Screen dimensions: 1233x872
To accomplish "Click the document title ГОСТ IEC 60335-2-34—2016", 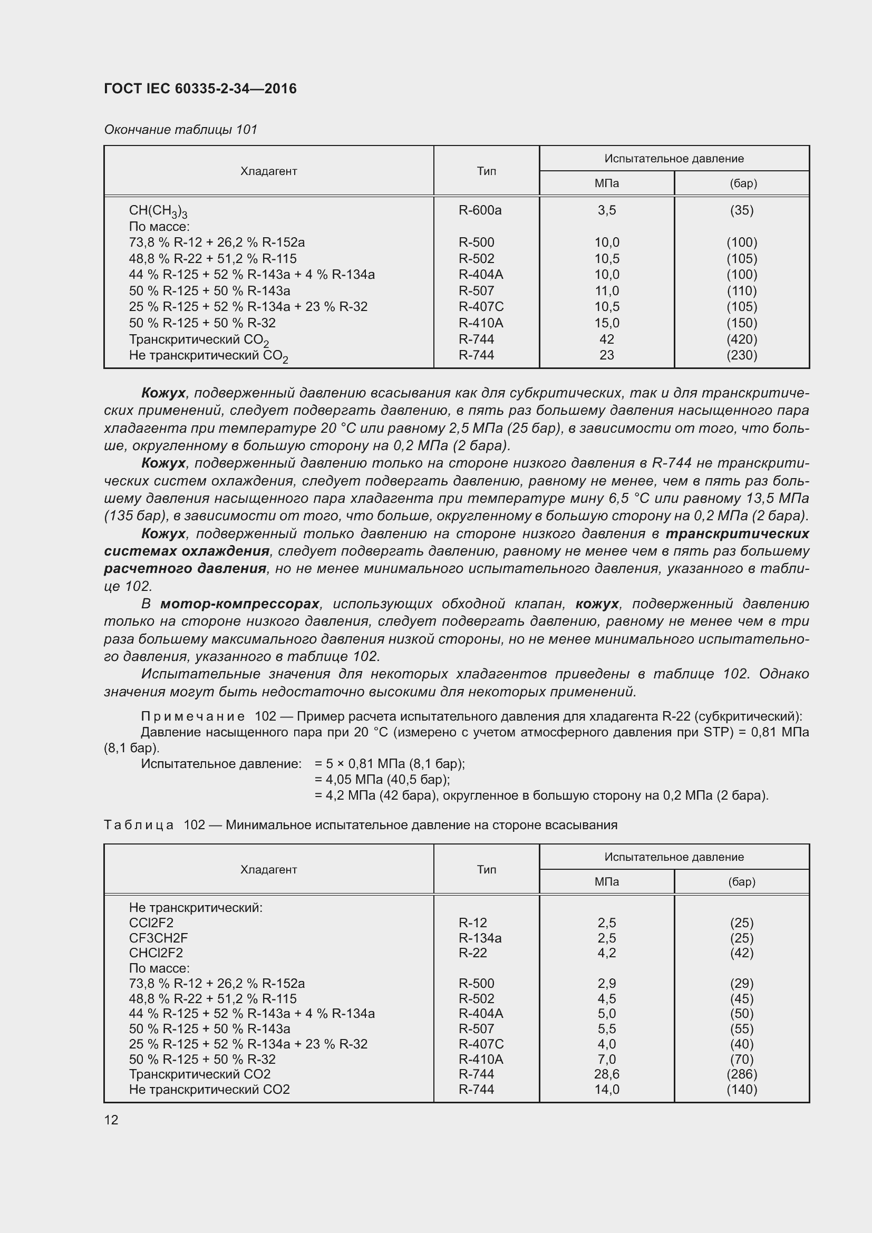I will pyautogui.click(x=200, y=89).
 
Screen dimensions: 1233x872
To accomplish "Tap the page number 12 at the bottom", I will pyautogui.click(x=111, y=1120).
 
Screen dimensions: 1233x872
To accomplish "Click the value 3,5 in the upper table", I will pyautogui.click(x=606, y=210).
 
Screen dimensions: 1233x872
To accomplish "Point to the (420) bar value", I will pyautogui.click(x=742, y=339).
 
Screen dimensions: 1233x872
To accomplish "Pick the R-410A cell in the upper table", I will pyautogui.click(x=481, y=323).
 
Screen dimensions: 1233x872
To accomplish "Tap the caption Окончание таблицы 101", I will pyautogui.click(x=180, y=130).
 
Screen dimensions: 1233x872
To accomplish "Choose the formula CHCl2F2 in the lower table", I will pyautogui.click(x=156, y=953).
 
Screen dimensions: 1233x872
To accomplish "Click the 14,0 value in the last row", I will pyautogui.click(x=606, y=1089).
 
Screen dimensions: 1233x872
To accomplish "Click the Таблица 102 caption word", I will pyautogui.click(x=139, y=825).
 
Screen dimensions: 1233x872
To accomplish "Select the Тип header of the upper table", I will pyautogui.click(x=486, y=171).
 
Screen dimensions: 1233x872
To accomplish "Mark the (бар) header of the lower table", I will pyautogui.click(x=742, y=881).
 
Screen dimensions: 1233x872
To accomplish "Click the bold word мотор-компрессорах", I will pyautogui.click(x=239, y=604).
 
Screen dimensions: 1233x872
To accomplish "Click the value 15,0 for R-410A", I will pyautogui.click(x=606, y=323).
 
